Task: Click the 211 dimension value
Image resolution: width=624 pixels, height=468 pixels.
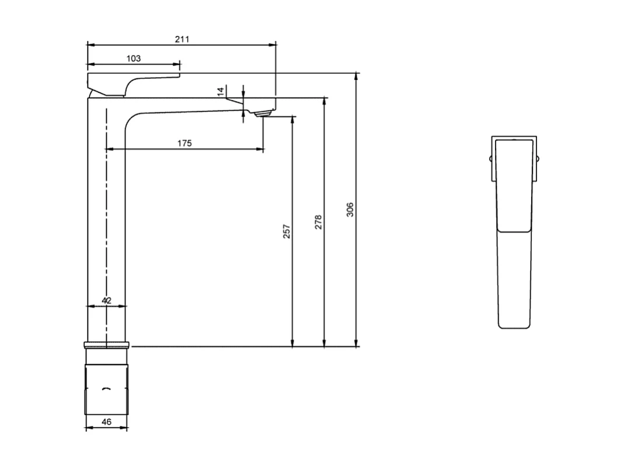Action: [x=182, y=39]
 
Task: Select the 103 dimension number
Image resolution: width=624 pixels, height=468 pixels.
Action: [x=134, y=58]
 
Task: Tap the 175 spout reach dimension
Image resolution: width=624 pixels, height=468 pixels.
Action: [x=184, y=143]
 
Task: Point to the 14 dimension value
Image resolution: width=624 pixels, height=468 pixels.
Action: [x=220, y=91]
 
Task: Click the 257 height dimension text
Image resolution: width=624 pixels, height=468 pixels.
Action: [x=286, y=231]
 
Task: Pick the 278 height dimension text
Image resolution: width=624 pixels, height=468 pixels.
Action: [x=318, y=222]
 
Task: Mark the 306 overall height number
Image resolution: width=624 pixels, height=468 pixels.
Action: [x=350, y=210]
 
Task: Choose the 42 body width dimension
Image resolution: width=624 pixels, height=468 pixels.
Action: [x=106, y=300]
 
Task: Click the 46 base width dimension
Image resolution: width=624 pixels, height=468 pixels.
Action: [x=106, y=421]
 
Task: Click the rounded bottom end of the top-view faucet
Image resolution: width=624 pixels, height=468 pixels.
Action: [x=514, y=325]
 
